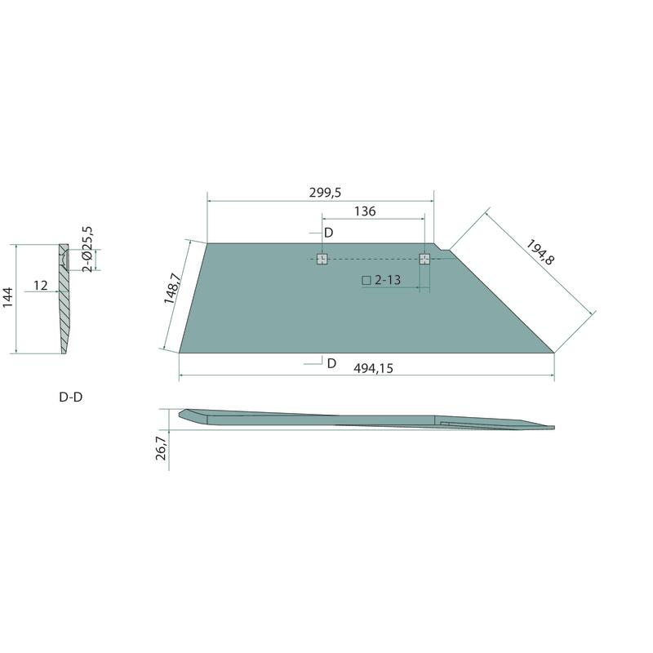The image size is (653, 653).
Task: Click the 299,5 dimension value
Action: pyautogui.click(x=325, y=193)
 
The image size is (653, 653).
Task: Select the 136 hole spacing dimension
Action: pyautogui.click(x=365, y=211)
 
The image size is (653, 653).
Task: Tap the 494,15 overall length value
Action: pyautogui.click(x=373, y=368)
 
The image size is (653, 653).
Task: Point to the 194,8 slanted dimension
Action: pyautogui.click(x=540, y=252)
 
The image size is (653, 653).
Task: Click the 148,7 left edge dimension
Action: pyautogui.click(x=171, y=288)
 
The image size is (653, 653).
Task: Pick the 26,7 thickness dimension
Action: pyautogui.click(x=161, y=445)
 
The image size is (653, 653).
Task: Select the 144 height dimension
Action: pyautogui.click(x=8, y=297)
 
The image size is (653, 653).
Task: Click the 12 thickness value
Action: pyautogui.click(x=40, y=285)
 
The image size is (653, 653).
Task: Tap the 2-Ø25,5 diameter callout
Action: pyautogui.click(x=87, y=249)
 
